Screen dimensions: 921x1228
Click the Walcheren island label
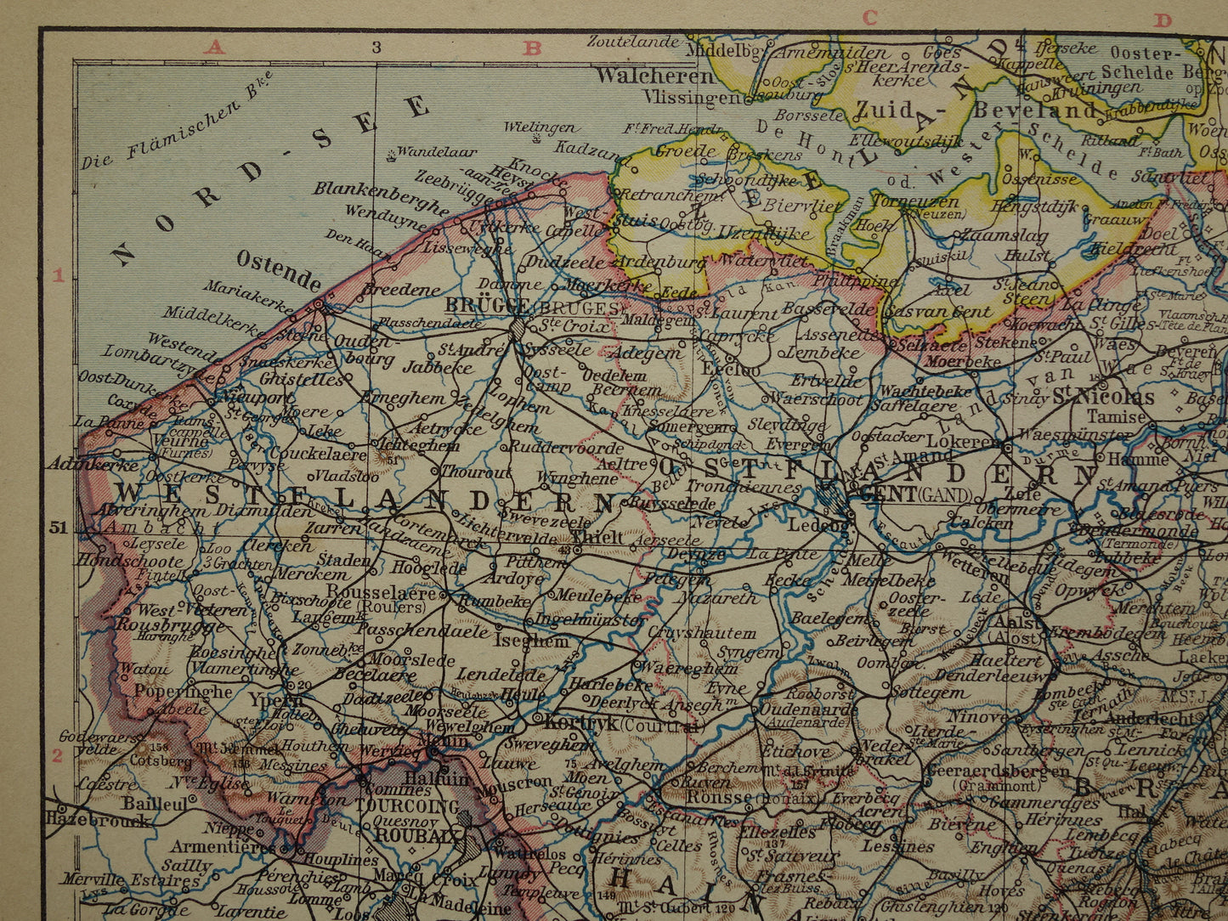coord(655,76)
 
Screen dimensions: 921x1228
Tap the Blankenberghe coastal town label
coord(380,197)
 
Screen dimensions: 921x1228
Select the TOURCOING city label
coord(407,805)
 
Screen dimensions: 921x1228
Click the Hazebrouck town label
coord(99,820)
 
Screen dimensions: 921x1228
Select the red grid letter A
coord(214,48)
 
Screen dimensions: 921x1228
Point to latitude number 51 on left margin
coord(57,527)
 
